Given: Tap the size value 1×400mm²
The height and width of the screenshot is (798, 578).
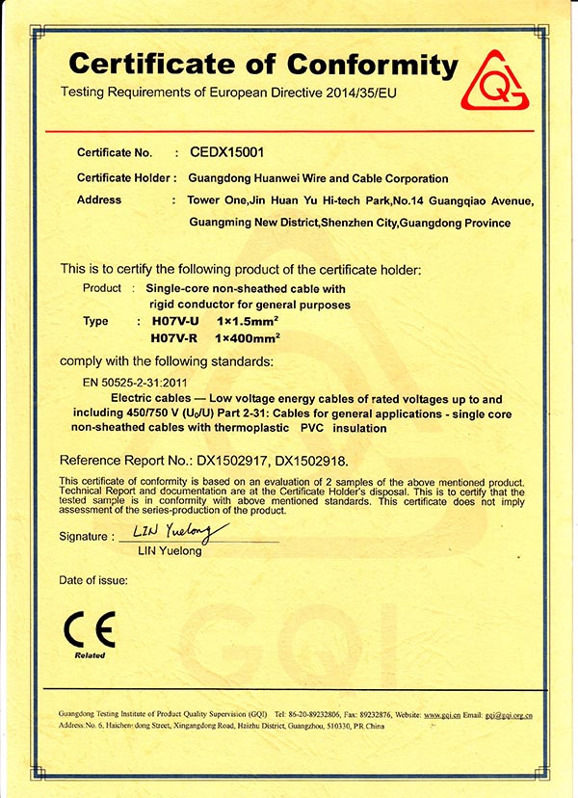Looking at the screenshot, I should [x=250, y=338].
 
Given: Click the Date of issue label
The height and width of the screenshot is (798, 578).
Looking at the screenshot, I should [x=93, y=580].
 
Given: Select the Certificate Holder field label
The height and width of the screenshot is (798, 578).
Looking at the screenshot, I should [x=125, y=178].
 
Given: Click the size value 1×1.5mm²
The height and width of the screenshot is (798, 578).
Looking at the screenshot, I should [x=248, y=321].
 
